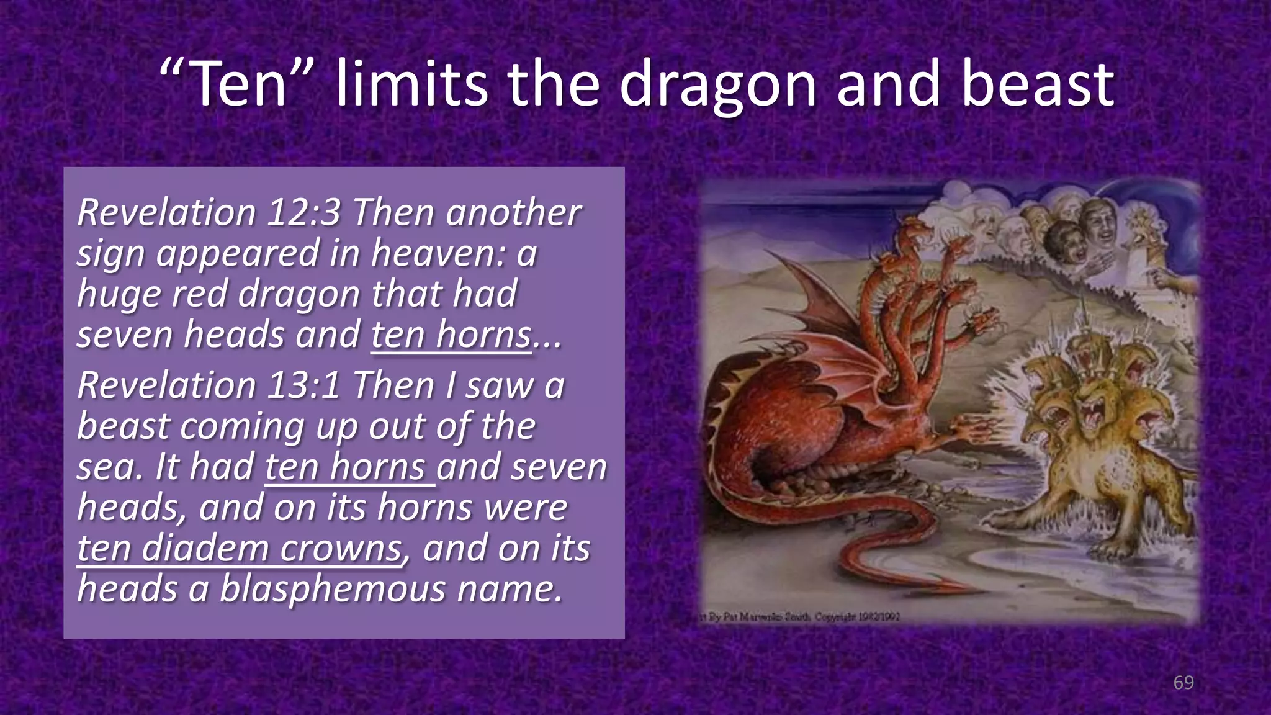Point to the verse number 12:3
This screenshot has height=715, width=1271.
(x=304, y=212)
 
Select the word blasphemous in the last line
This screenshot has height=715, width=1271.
(x=333, y=588)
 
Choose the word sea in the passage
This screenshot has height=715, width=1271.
(x=104, y=467)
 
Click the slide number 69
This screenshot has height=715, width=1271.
(x=1183, y=683)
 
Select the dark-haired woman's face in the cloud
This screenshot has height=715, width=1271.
(x=1066, y=243)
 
